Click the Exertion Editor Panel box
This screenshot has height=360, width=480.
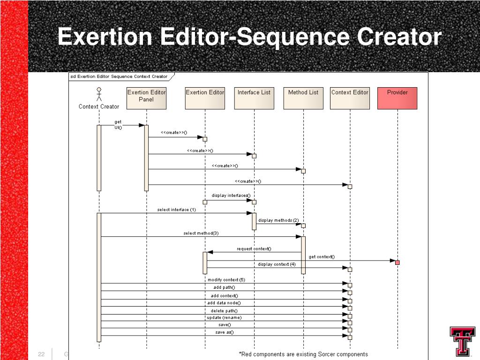coord(146,98)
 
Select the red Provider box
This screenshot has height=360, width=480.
coord(397,98)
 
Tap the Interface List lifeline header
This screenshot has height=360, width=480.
coord(254,98)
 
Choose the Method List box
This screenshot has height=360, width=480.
coord(303,98)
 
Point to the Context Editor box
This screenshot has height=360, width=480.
coord(350,98)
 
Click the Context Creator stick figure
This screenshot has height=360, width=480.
coord(99,94)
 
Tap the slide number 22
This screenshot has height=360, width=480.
coord(41,354)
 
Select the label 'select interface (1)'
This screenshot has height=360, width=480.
coord(177,210)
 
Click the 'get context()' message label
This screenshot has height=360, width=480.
coord(322,256)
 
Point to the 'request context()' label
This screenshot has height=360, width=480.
coord(254,249)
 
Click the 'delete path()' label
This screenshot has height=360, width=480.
coord(224,310)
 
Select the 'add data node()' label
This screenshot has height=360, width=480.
coord(224,303)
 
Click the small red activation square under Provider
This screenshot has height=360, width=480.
coord(397,262)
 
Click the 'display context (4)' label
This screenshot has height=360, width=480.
coord(277,264)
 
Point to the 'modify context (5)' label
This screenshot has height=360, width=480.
coord(226,280)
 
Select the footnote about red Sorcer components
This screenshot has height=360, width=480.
coord(303,354)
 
